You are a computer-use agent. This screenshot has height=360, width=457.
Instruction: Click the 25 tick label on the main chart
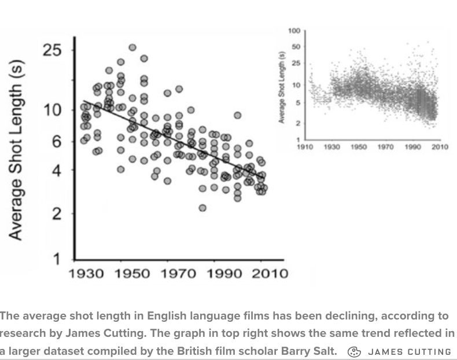[52, 51]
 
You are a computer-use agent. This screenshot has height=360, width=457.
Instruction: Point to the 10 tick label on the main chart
[52, 109]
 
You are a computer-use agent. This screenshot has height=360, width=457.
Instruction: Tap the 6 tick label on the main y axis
[56, 141]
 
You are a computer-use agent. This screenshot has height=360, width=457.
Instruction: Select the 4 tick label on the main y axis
[56, 171]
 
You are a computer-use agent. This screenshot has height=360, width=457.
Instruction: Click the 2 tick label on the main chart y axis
[56, 214]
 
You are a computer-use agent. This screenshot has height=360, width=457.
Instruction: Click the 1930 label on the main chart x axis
[86, 273]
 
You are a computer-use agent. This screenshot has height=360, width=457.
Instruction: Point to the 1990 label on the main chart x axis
[224, 273]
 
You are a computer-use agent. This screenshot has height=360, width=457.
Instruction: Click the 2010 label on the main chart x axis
[268, 273]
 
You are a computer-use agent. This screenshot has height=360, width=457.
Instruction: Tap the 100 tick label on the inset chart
[294, 31]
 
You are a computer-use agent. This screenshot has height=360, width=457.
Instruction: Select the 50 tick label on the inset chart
[295, 47]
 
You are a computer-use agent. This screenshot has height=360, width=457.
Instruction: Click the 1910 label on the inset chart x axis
[305, 147]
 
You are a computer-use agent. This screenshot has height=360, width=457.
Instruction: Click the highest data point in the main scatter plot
[132, 47]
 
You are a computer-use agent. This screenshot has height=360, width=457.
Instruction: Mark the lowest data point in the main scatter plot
[202, 208]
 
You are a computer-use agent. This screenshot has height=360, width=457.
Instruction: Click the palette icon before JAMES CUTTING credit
[354, 351]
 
